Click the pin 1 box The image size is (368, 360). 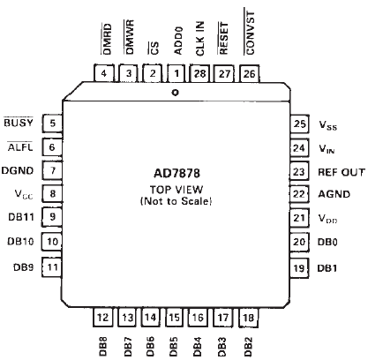(x=176, y=73)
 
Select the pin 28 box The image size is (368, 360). (x=199, y=73)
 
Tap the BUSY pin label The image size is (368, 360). (x=19, y=123)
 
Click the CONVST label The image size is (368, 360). (x=250, y=33)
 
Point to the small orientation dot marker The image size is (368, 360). (x=176, y=93)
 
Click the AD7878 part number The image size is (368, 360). (x=176, y=173)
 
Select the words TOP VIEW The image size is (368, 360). (x=176, y=190)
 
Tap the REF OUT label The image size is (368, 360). (x=342, y=172)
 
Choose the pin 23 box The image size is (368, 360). (x=299, y=171)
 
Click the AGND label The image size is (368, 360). (x=334, y=194)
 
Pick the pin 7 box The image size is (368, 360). (x=52, y=170)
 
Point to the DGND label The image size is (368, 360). (x=18, y=170)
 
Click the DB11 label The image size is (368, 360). (x=21, y=217)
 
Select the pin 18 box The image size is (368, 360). (x=249, y=318)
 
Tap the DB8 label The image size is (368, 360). (x=103, y=347)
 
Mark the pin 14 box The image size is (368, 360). (x=151, y=317)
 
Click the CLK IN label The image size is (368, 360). (x=200, y=39)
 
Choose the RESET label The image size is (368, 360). (x=224, y=38)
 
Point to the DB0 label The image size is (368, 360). (x=327, y=242)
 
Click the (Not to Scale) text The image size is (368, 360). (x=176, y=201)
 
